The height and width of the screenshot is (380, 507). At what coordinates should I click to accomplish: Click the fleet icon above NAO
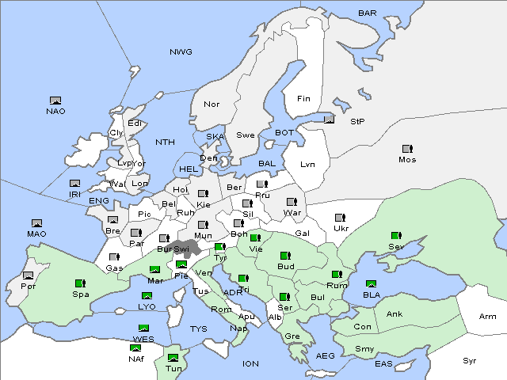pyautogui.click(x=55, y=101)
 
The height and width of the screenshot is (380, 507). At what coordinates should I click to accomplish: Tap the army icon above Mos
pyautogui.click(x=407, y=148)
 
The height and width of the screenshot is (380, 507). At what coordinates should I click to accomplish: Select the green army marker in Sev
pyautogui.click(x=395, y=236)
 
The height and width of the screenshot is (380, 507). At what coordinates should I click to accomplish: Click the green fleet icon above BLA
pyautogui.click(x=371, y=283)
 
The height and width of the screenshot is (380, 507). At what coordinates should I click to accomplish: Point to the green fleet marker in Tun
pyautogui.click(x=173, y=358)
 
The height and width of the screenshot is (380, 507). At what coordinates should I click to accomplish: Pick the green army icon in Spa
pyautogui.click(x=79, y=283)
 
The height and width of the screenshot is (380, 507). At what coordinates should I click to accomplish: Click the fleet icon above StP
pyautogui.click(x=330, y=120)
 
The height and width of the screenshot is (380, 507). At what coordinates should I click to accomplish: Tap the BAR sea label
pyautogui.click(x=367, y=13)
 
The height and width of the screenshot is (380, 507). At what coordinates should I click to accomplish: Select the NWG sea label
pyautogui.click(x=181, y=52)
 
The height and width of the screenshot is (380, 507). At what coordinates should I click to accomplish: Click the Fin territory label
pyautogui.click(x=303, y=99)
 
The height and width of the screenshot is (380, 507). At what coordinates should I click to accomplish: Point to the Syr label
pyautogui.click(x=471, y=360)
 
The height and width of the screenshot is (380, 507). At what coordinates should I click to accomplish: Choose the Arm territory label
pyautogui.click(x=488, y=317)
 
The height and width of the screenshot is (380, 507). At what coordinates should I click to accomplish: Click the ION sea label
pyautogui.click(x=250, y=364)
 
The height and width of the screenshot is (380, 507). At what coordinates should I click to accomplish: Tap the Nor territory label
pyautogui.click(x=212, y=104)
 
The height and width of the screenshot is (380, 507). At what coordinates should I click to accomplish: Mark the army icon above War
pyautogui.click(x=291, y=201)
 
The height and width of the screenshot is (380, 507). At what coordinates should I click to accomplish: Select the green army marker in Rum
pyautogui.click(x=337, y=275)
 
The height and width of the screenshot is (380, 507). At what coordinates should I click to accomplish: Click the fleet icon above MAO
pyautogui.click(x=36, y=223)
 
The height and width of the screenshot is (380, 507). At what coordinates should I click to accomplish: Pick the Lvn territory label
pyautogui.click(x=308, y=165)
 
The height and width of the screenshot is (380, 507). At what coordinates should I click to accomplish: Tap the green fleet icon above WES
pyautogui.click(x=143, y=328)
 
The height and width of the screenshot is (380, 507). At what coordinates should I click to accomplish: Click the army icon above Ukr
pyautogui.click(x=341, y=217)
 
